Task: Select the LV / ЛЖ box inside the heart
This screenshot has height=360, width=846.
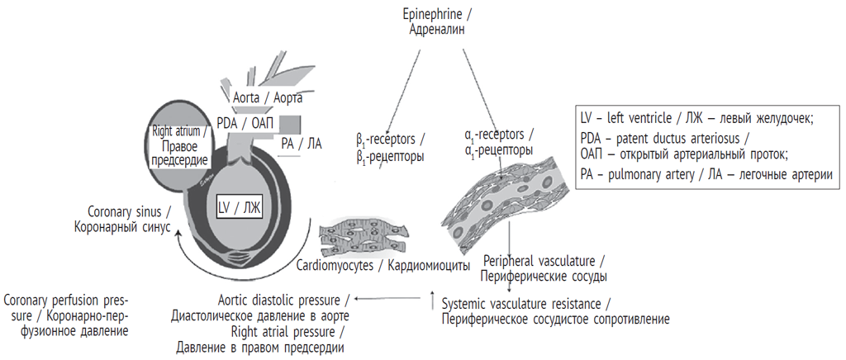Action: [x=239, y=207]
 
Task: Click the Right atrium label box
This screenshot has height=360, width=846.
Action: [x=178, y=147]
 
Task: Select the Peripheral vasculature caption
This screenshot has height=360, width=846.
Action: [x=545, y=267]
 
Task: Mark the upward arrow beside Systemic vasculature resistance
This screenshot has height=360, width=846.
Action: [x=432, y=301]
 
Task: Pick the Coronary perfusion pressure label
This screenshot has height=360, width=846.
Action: [x=66, y=315]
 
